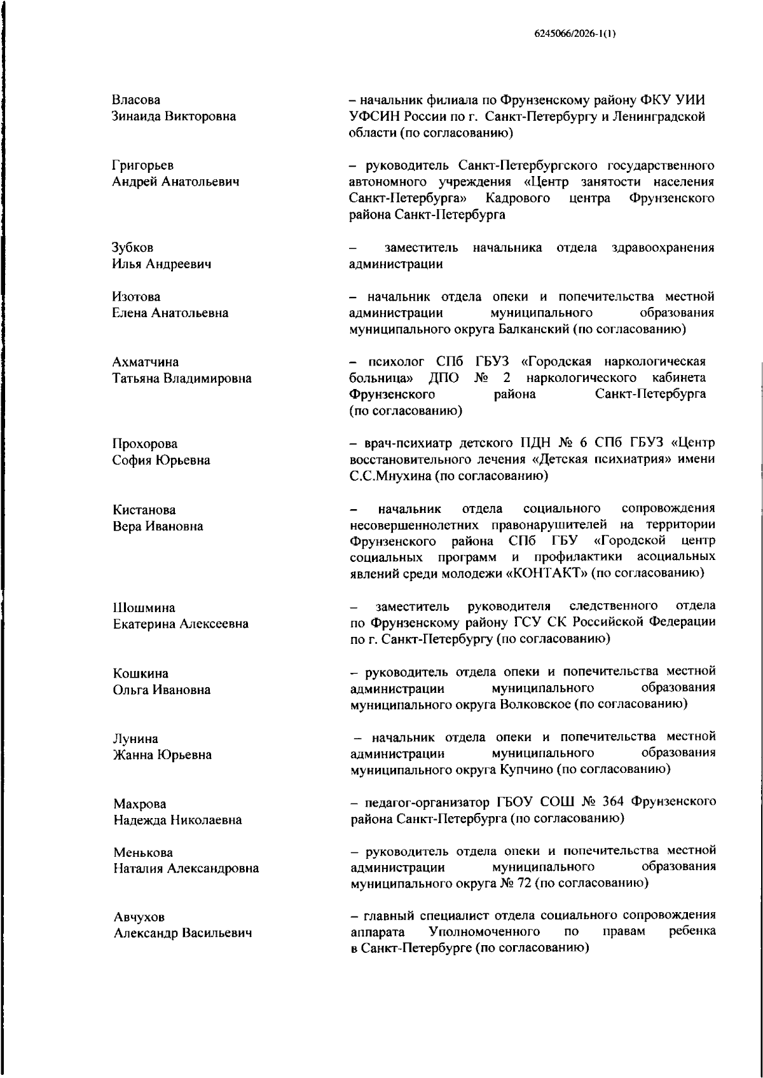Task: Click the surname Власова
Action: point(136,100)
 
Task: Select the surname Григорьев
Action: point(142,166)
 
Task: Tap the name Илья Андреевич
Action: point(162,264)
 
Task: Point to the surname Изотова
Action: point(136,297)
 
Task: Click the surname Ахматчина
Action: point(146,362)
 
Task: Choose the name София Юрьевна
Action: point(162,460)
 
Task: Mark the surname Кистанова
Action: point(144,510)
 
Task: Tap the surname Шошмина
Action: point(144,608)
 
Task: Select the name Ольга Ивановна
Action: point(162,690)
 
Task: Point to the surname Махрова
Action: point(140,804)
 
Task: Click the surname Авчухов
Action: point(139,917)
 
